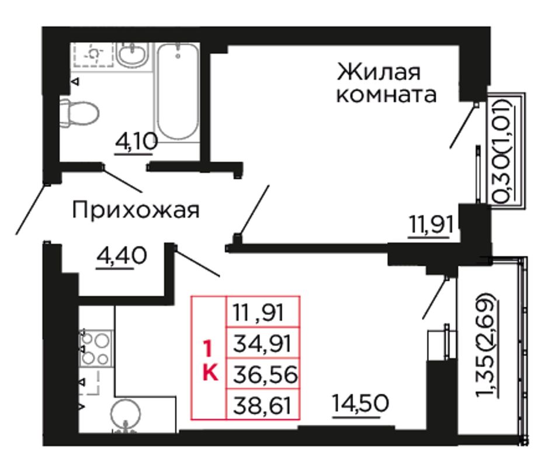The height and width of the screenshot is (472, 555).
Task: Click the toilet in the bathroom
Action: [x=79, y=113]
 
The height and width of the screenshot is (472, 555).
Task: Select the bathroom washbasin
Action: [x=131, y=55]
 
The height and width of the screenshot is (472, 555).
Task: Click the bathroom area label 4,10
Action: [x=136, y=143]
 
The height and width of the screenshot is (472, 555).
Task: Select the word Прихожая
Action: [x=136, y=210]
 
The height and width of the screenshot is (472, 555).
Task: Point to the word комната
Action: [x=386, y=95]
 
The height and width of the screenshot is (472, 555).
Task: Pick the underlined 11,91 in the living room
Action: [x=431, y=225]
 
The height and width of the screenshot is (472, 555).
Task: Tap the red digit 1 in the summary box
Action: [x=208, y=348]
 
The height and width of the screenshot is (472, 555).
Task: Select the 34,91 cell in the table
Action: [x=263, y=343]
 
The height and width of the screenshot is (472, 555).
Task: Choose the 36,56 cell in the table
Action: [x=263, y=374]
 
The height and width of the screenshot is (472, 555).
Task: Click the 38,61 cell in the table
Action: [x=263, y=404]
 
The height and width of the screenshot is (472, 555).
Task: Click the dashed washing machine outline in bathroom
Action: [x=93, y=54]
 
